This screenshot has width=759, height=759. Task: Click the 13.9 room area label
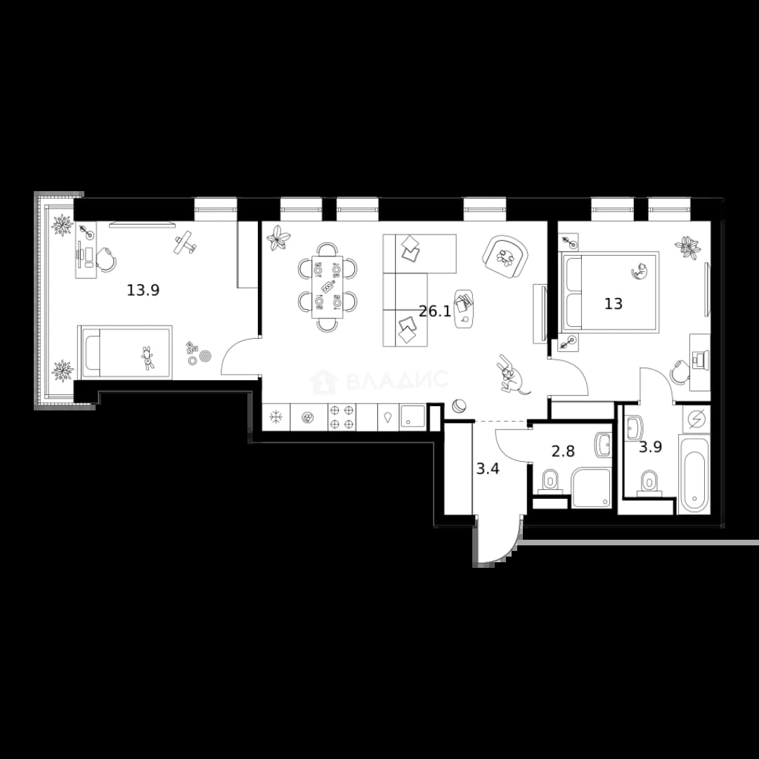click(143, 290)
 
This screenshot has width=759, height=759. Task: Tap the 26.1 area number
click(435, 311)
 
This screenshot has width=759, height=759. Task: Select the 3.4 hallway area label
click(488, 469)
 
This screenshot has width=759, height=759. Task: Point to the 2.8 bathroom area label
click(564, 451)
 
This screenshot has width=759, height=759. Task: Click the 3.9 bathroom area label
click(650, 447)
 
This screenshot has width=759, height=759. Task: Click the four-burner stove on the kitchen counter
click(342, 417)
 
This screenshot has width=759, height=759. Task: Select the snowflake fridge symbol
click(276, 417)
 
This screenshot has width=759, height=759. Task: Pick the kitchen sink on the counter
click(413, 417)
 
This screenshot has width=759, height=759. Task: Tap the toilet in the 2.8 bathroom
click(550, 481)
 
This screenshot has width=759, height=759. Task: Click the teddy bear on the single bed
click(147, 358)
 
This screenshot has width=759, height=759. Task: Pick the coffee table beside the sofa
click(464, 309)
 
